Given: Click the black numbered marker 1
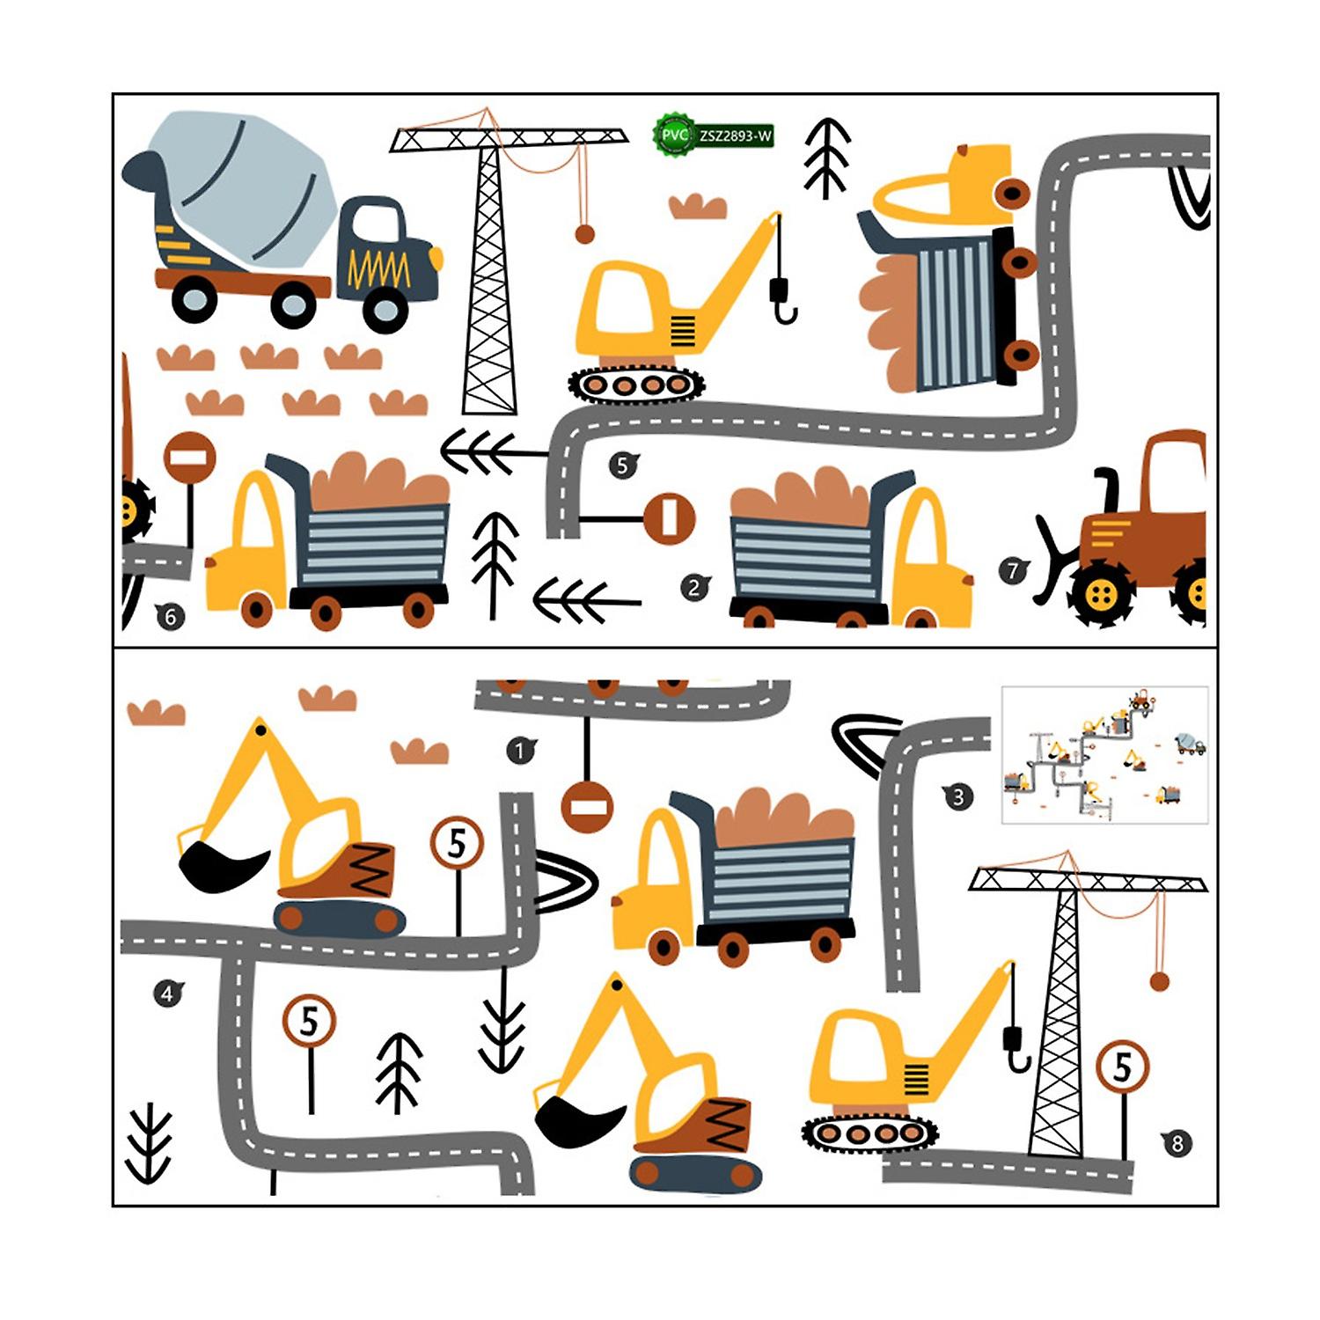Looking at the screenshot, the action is click(x=520, y=751).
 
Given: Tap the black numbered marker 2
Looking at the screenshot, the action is click(x=694, y=587).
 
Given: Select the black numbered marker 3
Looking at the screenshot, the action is click(x=957, y=797).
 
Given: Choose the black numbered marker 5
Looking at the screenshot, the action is click(x=623, y=465).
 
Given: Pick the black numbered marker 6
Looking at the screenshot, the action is click(x=170, y=617).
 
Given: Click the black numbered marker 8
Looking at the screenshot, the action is click(x=1177, y=1143).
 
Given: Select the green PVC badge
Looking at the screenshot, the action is click(x=673, y=135).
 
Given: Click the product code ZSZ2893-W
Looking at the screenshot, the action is click(x=736, y=136).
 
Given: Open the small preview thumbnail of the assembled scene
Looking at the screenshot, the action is click(x=1104, y=755).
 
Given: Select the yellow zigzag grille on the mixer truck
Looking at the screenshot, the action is click(x=379, y=268).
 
